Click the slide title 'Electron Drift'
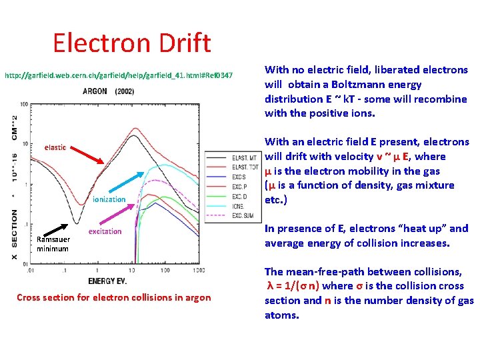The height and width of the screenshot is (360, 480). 132,43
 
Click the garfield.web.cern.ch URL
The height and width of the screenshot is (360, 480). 119,76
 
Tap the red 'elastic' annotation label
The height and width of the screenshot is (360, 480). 55,147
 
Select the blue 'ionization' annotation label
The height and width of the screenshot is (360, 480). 109,199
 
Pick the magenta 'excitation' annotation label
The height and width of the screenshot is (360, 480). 105,231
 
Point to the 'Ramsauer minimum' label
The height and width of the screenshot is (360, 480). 53,244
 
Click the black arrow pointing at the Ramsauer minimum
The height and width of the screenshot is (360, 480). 65,229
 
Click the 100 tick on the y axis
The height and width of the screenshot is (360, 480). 23,105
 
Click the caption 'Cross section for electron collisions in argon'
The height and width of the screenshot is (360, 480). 113,297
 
